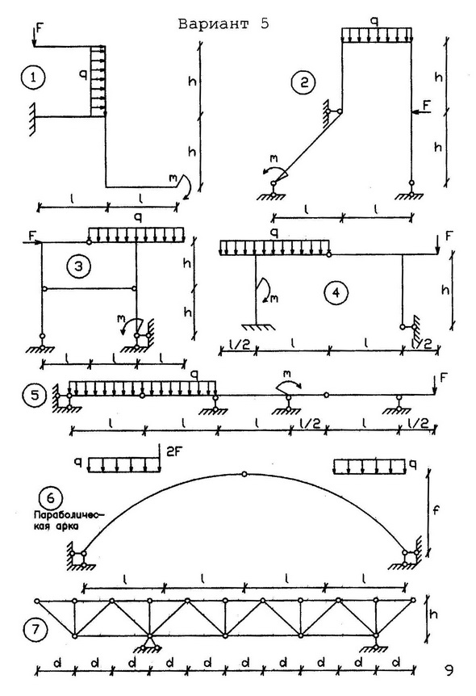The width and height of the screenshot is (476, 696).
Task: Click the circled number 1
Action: tap(33, 78)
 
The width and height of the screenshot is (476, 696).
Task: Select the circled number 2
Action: tap(304, 83)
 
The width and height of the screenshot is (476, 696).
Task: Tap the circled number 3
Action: tap(78, 266)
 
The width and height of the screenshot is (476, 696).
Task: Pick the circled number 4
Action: tap(336, 293)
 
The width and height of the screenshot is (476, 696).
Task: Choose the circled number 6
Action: tap(51, 498)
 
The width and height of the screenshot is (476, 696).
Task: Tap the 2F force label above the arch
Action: tap(173, 451)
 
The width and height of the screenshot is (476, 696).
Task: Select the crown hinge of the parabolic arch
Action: tap(244, 474)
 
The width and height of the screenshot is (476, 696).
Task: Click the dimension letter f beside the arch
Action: tap(436, 510)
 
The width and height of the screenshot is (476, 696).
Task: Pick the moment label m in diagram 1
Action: tap(172, 178)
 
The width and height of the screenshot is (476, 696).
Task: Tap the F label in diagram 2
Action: tap(427, 105)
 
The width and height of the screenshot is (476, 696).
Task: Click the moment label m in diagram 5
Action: tap(287, 374)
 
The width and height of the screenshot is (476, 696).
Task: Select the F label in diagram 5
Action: tap(444, 378)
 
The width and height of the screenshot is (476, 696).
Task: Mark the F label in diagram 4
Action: tap(449, 236)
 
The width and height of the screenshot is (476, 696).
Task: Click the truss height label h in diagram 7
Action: tap(434, 614)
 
